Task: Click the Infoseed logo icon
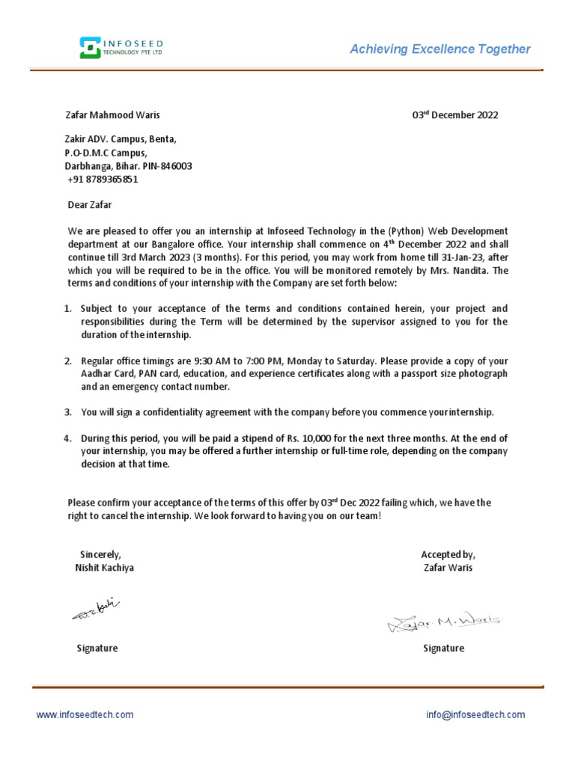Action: click(90, 48)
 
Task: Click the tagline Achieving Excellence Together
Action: click(440, 49)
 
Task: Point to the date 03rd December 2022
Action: click(455, 115)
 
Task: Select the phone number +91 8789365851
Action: click(103, 180)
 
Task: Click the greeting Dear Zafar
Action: click(89, 203)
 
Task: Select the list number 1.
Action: click(67, 308)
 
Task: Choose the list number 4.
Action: click(67, 438)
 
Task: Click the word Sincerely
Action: click(100, 554)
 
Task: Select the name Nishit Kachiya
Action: click(105, 568)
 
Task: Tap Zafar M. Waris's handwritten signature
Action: click(445, 621)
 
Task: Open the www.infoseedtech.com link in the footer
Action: click(85, 714)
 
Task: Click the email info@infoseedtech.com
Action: click(475, 714)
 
